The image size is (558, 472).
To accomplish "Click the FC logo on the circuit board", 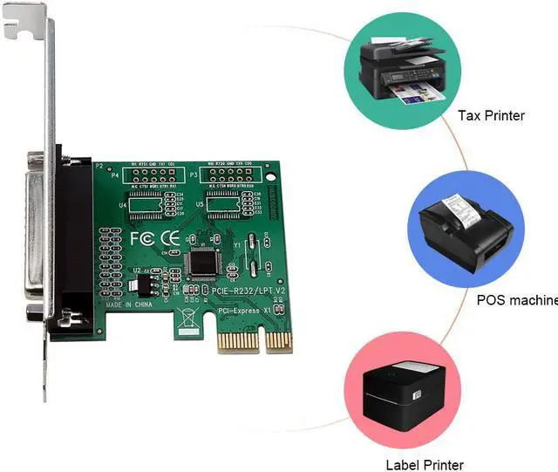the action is coord(140,237).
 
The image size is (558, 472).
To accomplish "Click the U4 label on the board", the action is coord(123,204).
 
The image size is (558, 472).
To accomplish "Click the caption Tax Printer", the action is coord(492,114).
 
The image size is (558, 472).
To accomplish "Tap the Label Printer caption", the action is coord(425,464).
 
